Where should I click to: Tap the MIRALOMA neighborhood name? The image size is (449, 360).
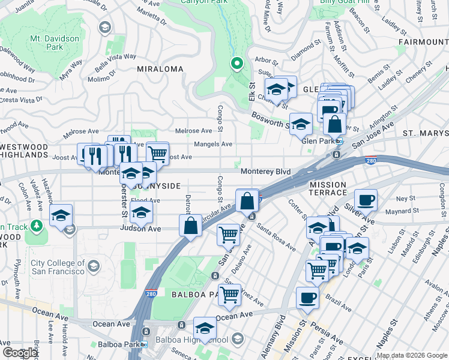click(x=160, y=69)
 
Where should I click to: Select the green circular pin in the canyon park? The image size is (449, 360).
click(x=237, y=63)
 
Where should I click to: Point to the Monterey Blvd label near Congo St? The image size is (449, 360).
click(x=266, y=172)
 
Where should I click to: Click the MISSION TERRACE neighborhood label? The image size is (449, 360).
click(x=328, y=188)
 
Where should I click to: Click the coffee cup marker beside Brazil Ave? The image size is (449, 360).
click(x=307, y=298)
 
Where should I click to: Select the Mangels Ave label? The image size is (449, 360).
click(x=213, y=144)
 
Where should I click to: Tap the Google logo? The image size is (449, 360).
click(x=20, y=353)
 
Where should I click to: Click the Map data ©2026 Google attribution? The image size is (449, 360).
click(x=412, y=355)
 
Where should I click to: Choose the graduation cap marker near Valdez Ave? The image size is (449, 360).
click(x=61, y=215)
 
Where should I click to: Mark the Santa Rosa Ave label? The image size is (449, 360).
click(x=276, y=236)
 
